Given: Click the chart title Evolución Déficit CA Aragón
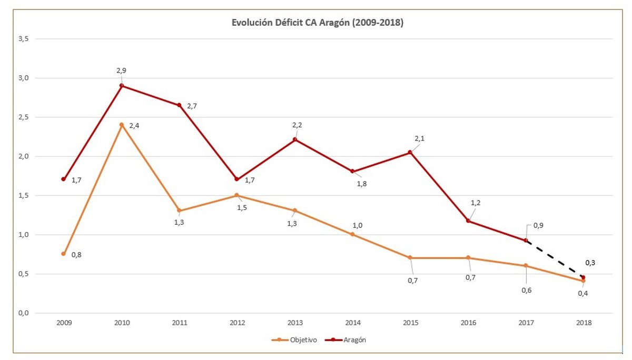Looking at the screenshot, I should (318, 23).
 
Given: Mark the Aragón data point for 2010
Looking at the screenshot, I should (122, 85).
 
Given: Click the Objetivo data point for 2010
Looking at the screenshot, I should (122, 125).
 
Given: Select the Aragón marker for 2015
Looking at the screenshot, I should (410, 153).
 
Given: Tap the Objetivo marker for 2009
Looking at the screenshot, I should (63, 254).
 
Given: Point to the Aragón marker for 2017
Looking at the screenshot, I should (526, 241).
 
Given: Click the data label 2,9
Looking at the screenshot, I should (121, 71).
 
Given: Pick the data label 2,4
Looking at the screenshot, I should (141, 125).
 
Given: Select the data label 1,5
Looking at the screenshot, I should (242, 207).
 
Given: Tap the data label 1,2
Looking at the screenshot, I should (476, 203).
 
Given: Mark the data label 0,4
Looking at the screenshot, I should (582, 293).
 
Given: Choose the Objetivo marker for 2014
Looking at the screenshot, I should (352, 234).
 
